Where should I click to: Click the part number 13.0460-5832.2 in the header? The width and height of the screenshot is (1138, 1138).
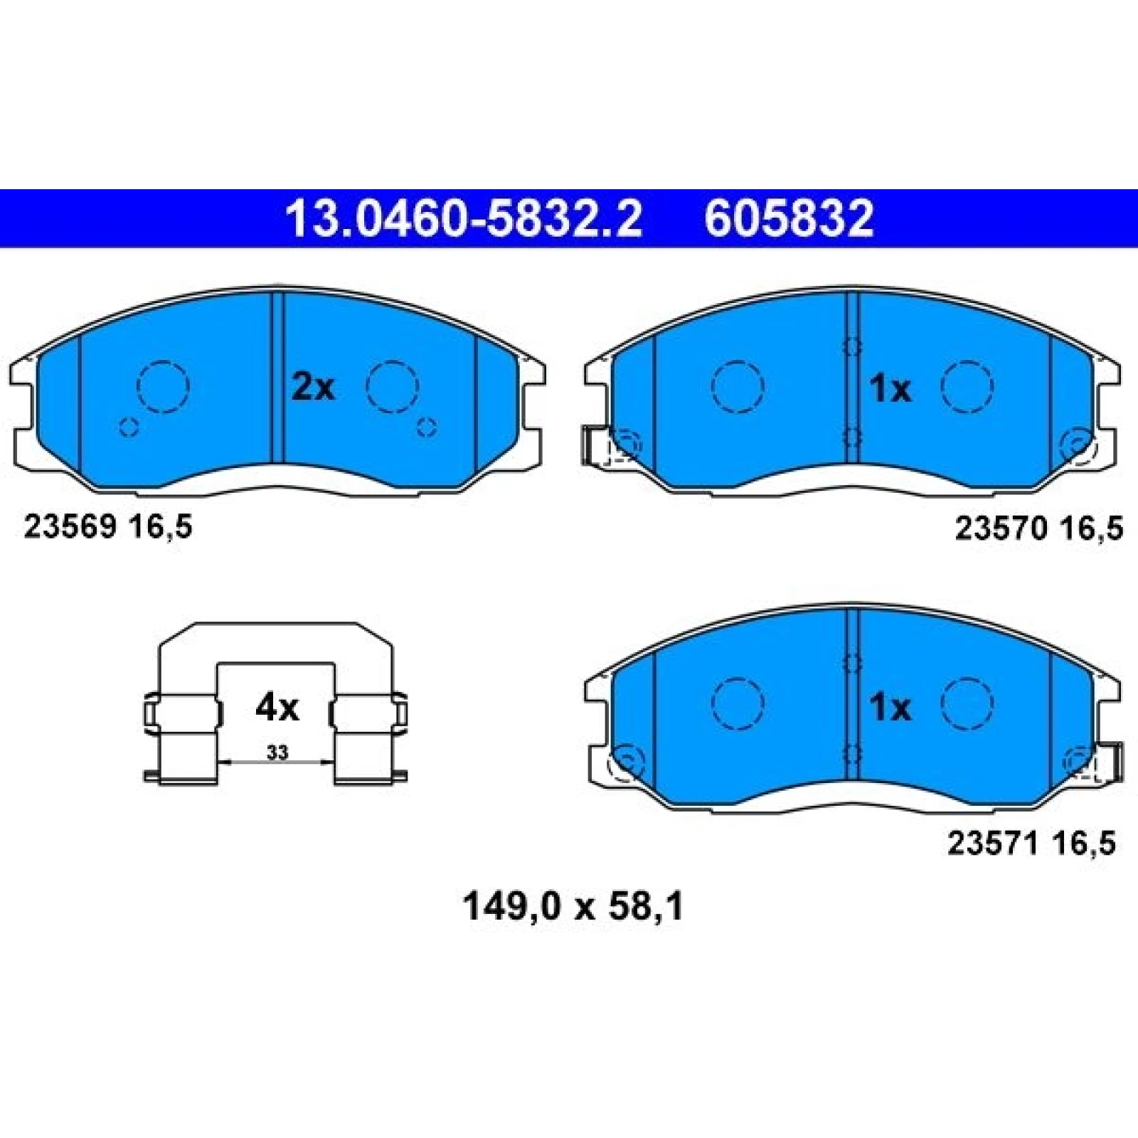tap(463, 219)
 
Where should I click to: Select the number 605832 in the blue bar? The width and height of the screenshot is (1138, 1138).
tap(789, 219)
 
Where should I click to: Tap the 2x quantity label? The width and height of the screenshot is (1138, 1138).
tap(313, 388)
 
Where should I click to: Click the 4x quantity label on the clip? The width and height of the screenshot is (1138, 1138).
tap(277, 708)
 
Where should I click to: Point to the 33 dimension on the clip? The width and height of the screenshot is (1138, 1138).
tap(277, 752)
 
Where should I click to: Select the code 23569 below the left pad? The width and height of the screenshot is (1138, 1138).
tap(70, 528)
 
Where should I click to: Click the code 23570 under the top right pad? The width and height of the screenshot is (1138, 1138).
tap(1000, 528)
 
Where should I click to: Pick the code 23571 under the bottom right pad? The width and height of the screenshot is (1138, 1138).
tap(993, 844)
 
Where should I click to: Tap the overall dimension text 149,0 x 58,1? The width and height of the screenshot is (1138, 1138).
tap(573, 908)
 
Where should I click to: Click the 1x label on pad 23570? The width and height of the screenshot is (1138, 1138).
tap(890, 389)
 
